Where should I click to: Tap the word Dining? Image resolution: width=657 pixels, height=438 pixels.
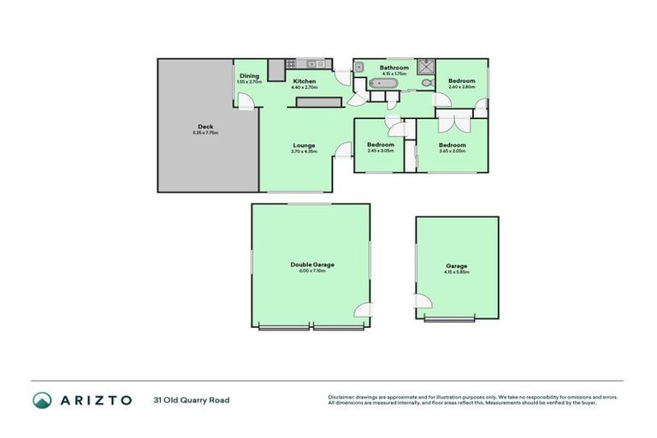tap(249, 76)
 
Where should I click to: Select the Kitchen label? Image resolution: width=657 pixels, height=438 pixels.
tap(305, 81)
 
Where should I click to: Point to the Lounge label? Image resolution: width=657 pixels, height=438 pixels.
tap(305, 145)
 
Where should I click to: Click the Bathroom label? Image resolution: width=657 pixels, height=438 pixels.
tap(394, 68)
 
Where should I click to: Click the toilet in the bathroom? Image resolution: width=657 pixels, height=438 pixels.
tap(427, 84)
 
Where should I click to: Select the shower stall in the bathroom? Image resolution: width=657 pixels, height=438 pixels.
tap(426, 67)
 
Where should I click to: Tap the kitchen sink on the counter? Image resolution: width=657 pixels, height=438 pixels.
tap(311, 63)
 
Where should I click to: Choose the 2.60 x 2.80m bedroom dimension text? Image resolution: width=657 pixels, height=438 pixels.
tap(461, 87)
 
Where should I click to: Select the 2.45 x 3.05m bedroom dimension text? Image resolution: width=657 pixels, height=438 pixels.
tap(381, 151)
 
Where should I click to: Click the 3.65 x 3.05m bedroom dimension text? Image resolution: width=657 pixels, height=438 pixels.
tap(452, 151)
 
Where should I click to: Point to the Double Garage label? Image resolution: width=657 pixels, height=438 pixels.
tap(312, 265)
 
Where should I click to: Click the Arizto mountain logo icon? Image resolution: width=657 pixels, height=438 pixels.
tap(42, 400)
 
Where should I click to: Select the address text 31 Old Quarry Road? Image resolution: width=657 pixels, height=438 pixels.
tap(192, 400)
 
